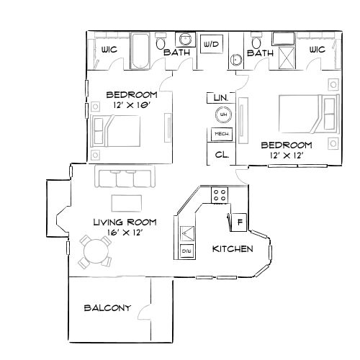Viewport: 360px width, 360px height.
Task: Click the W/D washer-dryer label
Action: pyautogui.click(x=211, y=45)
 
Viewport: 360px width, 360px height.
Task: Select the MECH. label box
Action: pyautogui.click(x=220, y=134)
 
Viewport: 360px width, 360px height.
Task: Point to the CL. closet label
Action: pyautogui.click(x=222, y=154)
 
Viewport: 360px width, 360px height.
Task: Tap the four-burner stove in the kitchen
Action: pyautogui.click(x=220, y=194)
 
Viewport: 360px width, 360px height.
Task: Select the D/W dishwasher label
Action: pyautogui.click(x=186, y=251)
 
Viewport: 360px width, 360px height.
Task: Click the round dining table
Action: pyautogui.click(x=95, y=252)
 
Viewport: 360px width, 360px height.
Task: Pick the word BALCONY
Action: pyautogui.click(x=107, y=308)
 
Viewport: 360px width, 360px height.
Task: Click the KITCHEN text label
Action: pyautogui.click(x=232, y=248)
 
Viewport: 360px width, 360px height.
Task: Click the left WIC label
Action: pyautogui.click(x=101, y=50)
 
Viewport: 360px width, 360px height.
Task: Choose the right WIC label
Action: pyautogui.click(x=317, y=50)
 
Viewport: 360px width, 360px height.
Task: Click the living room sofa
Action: pyautogui.click(x=124, y=176)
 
